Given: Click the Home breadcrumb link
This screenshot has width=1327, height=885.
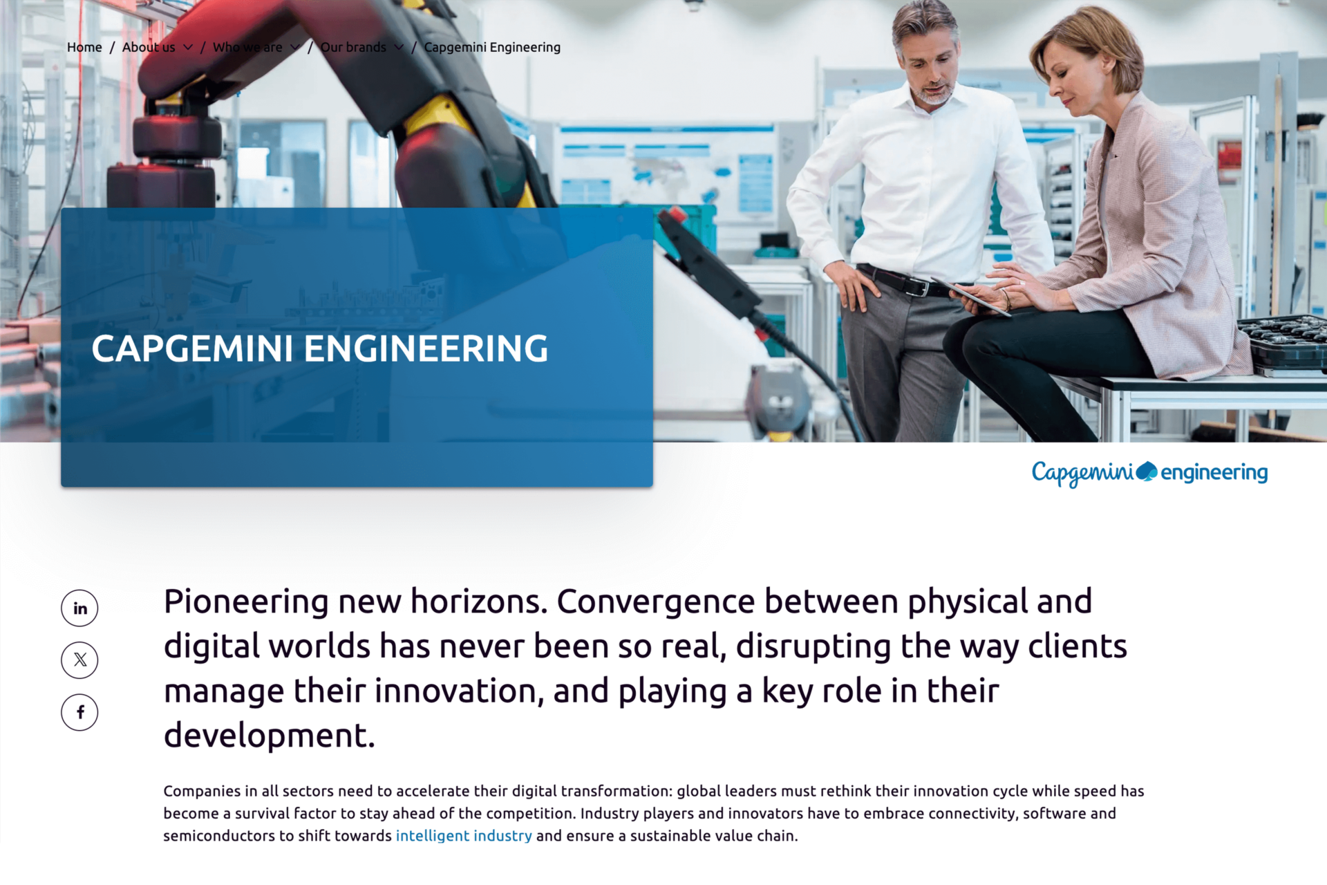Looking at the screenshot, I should click(x=84, y=48).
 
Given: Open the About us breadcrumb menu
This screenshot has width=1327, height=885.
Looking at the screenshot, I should click(x=149, y=48).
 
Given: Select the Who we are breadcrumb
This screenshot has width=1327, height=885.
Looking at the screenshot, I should click(x=247, y=48).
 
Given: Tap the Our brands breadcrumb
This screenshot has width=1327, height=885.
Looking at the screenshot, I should click(x=353, y=48).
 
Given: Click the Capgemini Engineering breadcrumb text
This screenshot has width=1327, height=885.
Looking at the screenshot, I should click(x=492, y=48).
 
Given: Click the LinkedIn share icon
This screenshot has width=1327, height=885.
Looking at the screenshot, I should click(x=80, y=608).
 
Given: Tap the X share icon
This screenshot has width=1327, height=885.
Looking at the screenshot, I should click(x=80, y=660).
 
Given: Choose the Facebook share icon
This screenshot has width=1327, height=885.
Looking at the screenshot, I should click(x=80, y=712).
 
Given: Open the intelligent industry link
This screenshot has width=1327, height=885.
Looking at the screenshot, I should click(x=464, y=836).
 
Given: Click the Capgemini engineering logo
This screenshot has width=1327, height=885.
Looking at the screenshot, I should click(x=1149, y=473).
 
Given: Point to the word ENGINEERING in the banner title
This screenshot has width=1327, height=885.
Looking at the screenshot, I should click(x=426, y=349).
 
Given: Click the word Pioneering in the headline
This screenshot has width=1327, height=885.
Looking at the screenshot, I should click(x=246, y=602).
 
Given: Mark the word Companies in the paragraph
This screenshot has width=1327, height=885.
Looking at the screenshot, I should click(x=202, y=791).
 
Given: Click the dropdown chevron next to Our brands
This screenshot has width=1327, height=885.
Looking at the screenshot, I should click(x=399, y=48).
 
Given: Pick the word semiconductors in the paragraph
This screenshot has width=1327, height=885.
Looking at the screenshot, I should click(x=218, y=836).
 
